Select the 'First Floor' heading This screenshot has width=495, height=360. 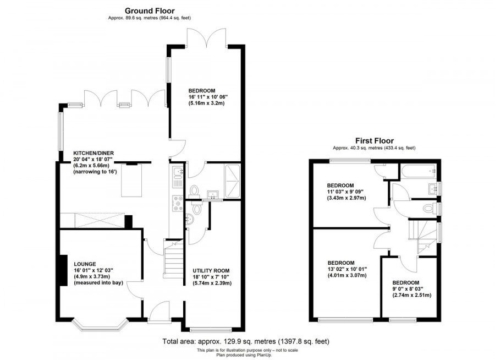374,141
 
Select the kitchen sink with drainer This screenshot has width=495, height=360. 178,178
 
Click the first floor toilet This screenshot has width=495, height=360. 430,209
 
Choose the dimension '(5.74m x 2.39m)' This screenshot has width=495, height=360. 212,283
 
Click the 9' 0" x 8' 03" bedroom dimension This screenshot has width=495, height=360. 411,288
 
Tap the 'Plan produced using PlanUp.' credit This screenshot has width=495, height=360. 238,354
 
